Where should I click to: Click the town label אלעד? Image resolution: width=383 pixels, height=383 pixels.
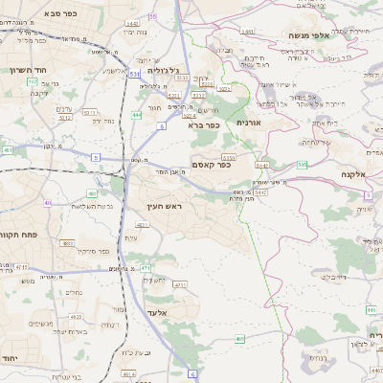coord(158,313)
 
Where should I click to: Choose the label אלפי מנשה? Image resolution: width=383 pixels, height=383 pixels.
coord(308,35)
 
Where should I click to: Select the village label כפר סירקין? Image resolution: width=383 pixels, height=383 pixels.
coord(96,252)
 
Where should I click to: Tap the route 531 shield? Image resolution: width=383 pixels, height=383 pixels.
coord(135,73)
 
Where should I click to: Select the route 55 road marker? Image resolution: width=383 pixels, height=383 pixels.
coord(153,17)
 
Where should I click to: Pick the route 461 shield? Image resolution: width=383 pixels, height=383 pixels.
coord(8,150)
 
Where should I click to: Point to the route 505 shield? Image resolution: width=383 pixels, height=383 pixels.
coord(303,165)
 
